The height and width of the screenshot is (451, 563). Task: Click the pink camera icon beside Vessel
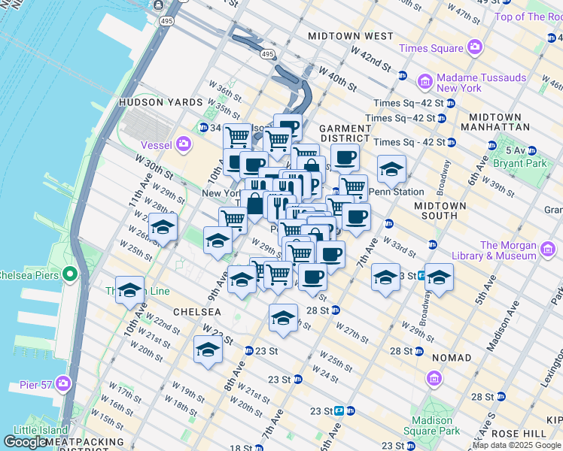point(184,144)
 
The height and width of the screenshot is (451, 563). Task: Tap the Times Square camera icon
point(474,48)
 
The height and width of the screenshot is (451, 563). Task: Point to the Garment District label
point(345,134)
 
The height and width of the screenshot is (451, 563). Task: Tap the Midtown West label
point(351,36)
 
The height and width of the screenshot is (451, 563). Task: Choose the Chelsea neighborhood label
point(197,311)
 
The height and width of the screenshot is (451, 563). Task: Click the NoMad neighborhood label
point(452,358)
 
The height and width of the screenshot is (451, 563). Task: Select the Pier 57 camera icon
point(62,385)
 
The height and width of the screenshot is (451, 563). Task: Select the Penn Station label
point(396,192)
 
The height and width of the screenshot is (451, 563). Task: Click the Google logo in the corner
point(26,442)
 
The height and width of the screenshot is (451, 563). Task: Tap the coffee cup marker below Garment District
point(345,158)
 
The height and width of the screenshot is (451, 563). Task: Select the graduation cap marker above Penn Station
point(391,170)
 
